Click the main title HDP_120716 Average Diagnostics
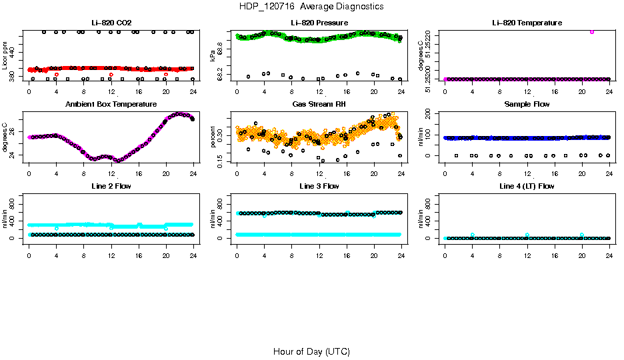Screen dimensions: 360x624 click(x=311, y=7)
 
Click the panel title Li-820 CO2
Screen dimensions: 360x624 click(x=111, y=23)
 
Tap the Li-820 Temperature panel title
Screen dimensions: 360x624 click(x=527, y=23)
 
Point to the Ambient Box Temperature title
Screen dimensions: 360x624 click(x=111, y=105)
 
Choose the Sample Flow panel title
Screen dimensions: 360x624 click(x=527, y=105)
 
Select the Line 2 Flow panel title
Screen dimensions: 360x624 click(x=111, y=186)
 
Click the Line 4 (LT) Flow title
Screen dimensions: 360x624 click(x=527, y=186)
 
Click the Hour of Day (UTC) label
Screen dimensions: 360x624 click(x=311, y=351)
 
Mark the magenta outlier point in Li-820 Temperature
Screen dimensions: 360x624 click(x=591, y=31)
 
